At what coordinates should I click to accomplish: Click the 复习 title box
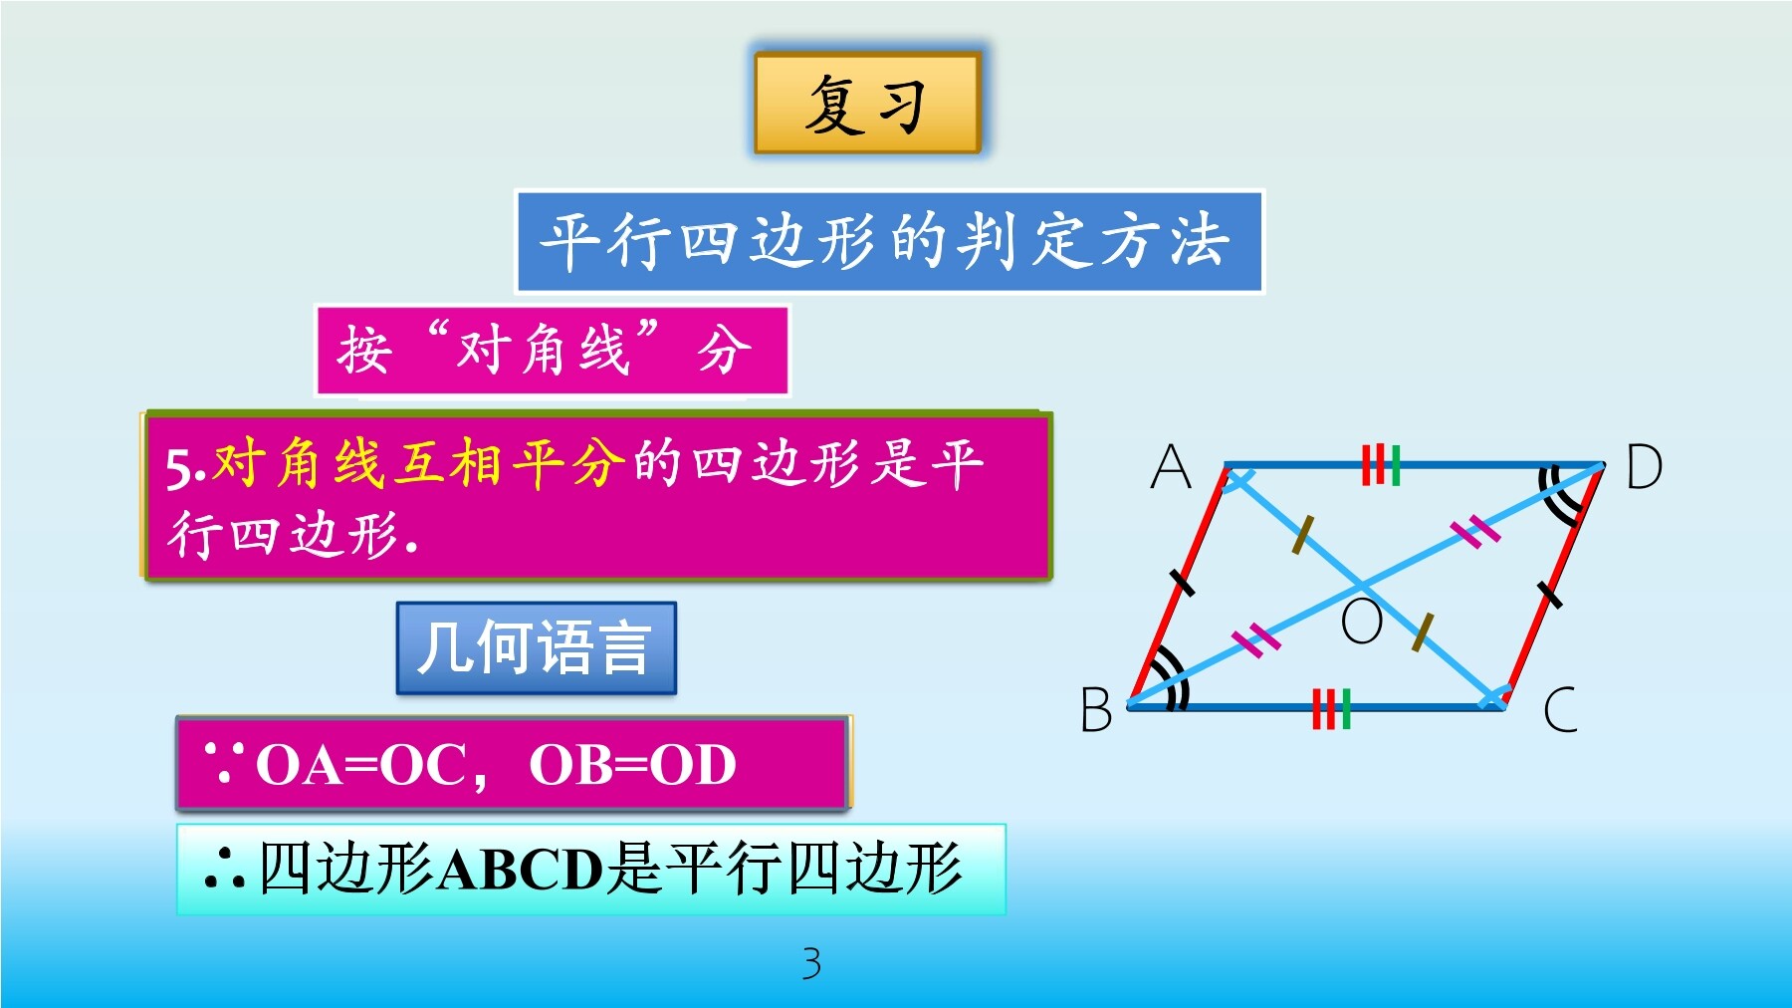[x=867, y=103]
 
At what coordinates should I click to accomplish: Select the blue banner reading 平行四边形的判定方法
[x=889, y=242]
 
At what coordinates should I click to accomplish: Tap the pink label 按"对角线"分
[x=552, y=351]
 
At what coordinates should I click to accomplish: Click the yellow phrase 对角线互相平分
[x=419, y=463]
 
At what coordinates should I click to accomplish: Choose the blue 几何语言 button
[x=536, y=647]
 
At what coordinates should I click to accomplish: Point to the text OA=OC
[x=361, y=765]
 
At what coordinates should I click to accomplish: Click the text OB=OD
[x=632, y=765]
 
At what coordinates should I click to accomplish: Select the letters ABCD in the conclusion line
[x=521, y=869]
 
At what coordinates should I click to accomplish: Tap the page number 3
[x=811, y=963]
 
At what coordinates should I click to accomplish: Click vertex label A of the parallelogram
[x=1171, y=466]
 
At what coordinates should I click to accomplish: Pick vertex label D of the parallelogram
[x=1644, y=466]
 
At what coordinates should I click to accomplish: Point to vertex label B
[x=1096, y=709]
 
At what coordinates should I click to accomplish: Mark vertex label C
[x=1560, y=709]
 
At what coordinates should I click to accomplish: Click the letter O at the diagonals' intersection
[x=1362, y=622]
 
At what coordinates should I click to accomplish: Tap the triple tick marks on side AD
[x=1381, y=465]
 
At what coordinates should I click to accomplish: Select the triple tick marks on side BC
[x=1331, y=708]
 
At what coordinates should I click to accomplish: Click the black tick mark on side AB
[x=1182, y=582]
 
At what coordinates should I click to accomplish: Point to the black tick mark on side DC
[x=1549, y=595]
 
